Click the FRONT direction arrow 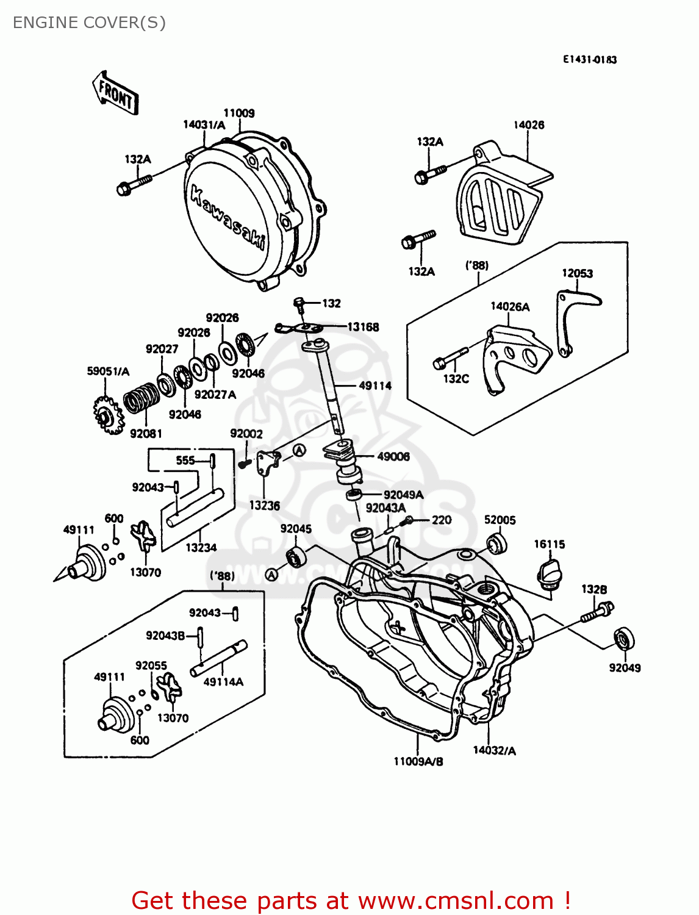click(116, 93)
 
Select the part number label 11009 click(238, 113)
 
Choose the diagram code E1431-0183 click(589, 59)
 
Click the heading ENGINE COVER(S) click(89, 23)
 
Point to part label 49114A click(223, 682)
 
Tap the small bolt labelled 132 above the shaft click(299, 304)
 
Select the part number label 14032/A click(494, 750)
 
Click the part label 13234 click(201, 548)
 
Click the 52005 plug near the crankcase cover click(496, 543)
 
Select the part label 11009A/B click(418, 761)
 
